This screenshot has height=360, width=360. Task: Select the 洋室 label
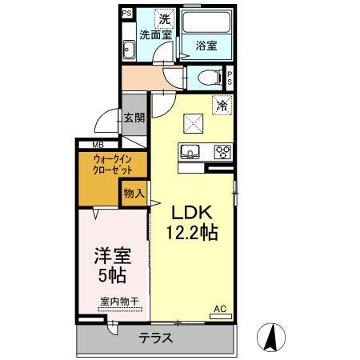[x=111, y=258]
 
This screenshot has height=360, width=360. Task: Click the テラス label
[x=156, y=338]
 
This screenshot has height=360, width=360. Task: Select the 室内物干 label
[x=119, y=302]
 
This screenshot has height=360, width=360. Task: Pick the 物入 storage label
[x=134, y=192]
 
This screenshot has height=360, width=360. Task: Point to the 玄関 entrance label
[x=134, y=118]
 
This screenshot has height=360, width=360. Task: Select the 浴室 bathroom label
[x=206, y=46]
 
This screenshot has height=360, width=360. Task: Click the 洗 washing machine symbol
[x=163, y=18]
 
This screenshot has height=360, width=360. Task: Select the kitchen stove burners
[x=222, y=151]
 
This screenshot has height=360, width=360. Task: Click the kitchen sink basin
[x=192, y=151]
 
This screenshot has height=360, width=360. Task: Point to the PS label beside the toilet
[x=230, y=78]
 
